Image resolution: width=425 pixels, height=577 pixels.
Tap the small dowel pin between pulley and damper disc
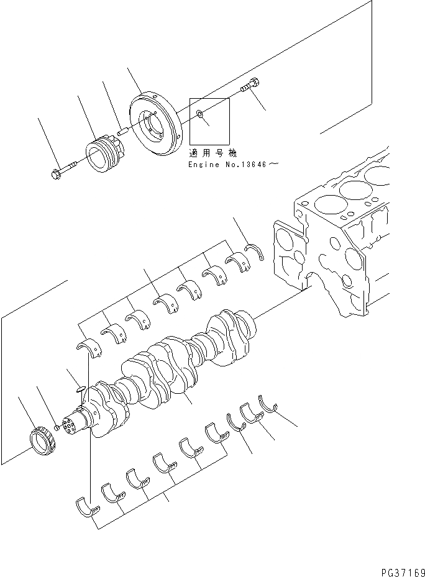coord(123,131)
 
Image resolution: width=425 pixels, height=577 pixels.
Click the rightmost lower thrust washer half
coord(270,404)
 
